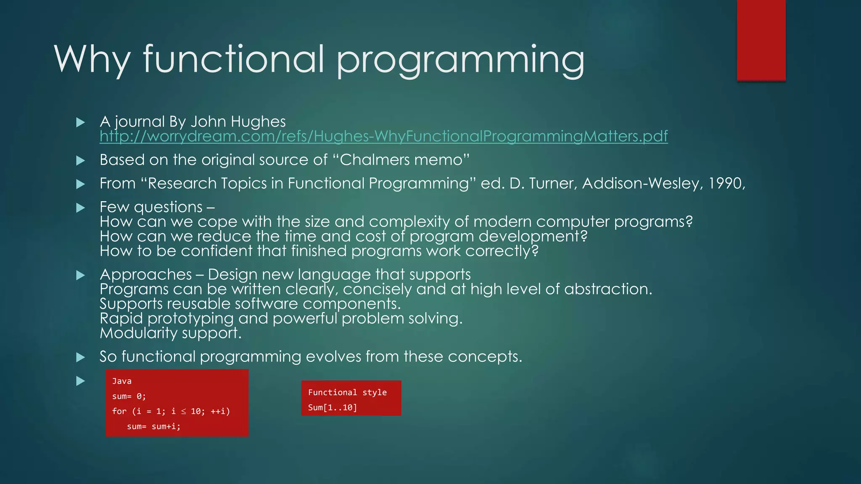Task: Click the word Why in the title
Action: (x=92, y=60)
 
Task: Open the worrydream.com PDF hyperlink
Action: (x=383, y=136)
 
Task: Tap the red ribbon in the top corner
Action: (x=761, y=40)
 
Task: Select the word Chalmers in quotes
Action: (x=374, y=160)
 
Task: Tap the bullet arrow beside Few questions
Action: (x=80, y=208)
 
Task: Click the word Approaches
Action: (x=145, y=275)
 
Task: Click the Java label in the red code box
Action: (x=122, y=381)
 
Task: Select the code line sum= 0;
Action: (x=129, y=397)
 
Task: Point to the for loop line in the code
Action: (x=171, y=412)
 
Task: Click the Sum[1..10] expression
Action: (x=332, y=408)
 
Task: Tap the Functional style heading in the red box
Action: (x=347, y=393)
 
